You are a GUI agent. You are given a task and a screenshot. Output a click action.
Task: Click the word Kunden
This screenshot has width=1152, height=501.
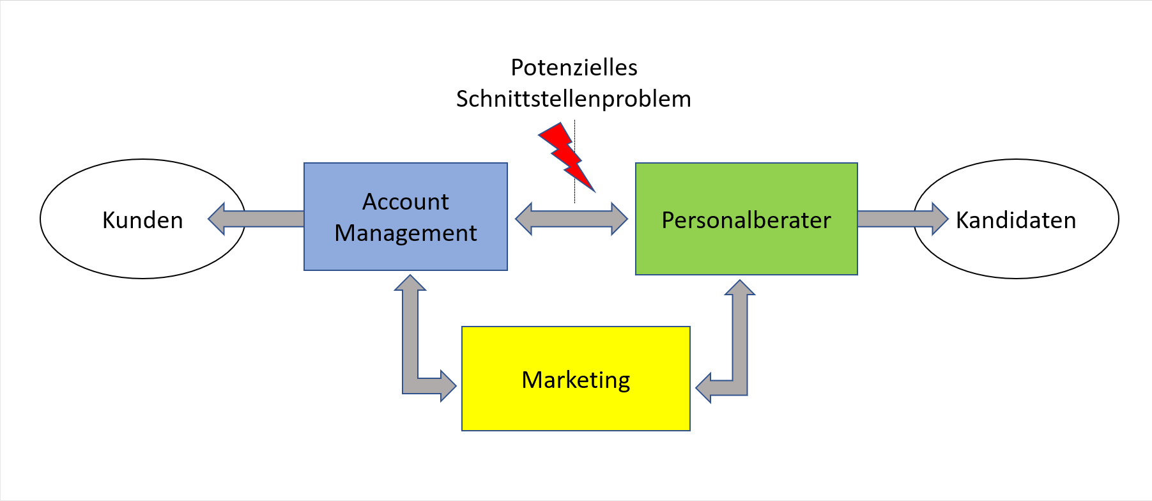pyautogui.click(x=142, y=220)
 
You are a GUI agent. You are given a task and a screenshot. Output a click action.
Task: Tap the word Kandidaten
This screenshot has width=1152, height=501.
pyautogui.click(x=1016, y=220)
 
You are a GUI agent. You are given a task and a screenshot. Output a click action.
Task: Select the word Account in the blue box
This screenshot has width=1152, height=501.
pyautogui.click(x=406, y=202)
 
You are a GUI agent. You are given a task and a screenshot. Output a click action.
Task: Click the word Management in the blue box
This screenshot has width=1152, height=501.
pyautogui.click(x=406, y=233)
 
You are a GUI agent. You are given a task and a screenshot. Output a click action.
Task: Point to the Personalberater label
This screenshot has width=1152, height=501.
pyautogui.click(x=746, y=220)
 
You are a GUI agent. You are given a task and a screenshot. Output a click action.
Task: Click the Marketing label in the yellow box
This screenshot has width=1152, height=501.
pyautogui.click(x=576, y=380)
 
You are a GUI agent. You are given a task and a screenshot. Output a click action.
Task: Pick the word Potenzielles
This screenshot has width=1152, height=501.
pyautogui.click(x=574, y=68)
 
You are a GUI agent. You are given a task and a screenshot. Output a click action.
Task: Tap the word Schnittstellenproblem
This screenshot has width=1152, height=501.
pyautogui.click(x=573, y=99)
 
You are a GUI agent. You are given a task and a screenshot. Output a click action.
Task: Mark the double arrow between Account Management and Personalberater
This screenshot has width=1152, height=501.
pyautogui.click(x=571, y=219)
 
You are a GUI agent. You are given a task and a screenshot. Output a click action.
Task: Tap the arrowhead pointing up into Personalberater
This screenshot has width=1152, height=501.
pyautogui.click(x=740, y=288)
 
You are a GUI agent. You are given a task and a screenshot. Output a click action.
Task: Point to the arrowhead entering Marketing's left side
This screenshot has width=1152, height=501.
pyautogui.click(x=447, y=385)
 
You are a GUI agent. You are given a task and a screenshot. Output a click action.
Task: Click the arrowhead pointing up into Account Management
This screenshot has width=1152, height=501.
pyautogui.click(x=410, y=283)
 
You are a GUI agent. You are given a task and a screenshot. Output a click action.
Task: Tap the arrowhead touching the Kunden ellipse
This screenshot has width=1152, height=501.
pyautogui.click(x=217, y=219)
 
